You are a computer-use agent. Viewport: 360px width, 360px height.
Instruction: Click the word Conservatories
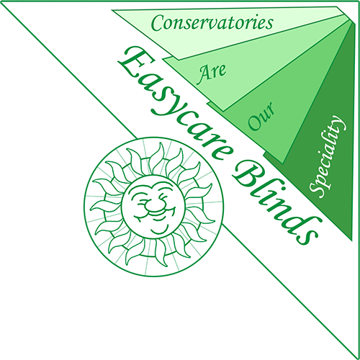click(x=212, y=23)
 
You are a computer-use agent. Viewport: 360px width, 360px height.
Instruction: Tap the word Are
click(x=212, y=73)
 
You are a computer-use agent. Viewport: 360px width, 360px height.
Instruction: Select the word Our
click(x=261, y=116)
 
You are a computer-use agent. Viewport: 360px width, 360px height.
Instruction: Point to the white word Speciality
click(x=328, y=156)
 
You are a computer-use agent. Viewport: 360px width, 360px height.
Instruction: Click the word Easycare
click(x=175, y=103)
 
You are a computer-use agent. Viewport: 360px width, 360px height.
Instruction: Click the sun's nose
click(x=153, y=204)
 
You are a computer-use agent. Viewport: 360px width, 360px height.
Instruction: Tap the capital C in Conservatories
click(x=158, y=23)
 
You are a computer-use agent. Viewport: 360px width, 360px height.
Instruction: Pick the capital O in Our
click(x=255, y=123)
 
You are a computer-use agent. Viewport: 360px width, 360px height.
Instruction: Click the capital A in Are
click(x=203, y=76)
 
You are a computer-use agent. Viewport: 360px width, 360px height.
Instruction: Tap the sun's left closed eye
click(x=139, y=199)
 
